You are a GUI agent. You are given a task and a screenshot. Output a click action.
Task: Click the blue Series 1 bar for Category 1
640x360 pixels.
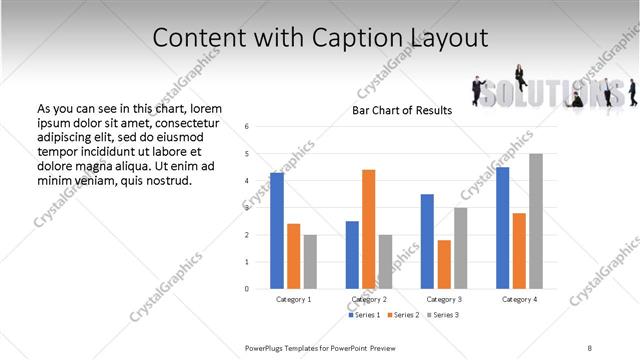tap(277, 231)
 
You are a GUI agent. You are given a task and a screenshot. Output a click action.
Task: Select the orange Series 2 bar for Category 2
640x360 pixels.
tap(368, 229)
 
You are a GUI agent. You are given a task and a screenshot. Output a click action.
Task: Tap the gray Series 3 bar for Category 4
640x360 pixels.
tap(536, 221)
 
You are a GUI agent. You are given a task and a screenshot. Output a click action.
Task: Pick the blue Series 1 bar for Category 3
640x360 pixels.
tap(427, 241)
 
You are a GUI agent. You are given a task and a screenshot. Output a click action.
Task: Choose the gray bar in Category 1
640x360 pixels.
tap(310, 262)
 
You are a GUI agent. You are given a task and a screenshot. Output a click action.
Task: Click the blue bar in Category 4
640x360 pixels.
tap(503, 228)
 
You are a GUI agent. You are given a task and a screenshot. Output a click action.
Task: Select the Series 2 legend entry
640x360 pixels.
tap(403, 316)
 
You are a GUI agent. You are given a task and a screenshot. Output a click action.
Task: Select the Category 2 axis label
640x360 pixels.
tap(369, 299)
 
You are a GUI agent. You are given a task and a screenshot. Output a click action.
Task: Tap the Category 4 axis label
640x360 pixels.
tap(519, 299)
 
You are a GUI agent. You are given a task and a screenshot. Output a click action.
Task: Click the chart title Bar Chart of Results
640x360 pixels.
tap(403, 110)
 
